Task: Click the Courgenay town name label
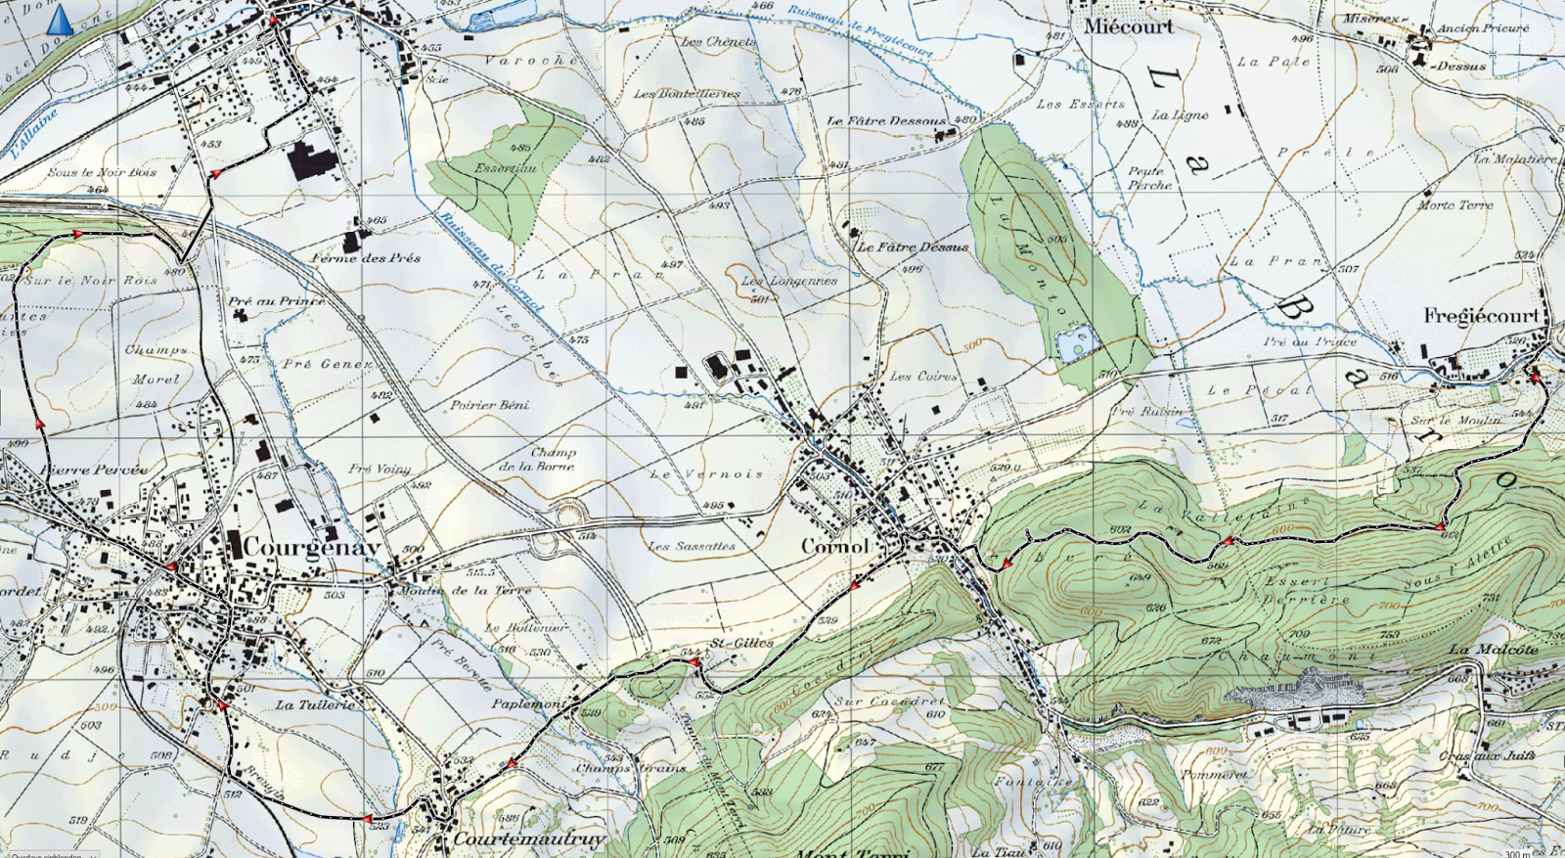(x=311, y=547)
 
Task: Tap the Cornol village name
(x=834, y=546)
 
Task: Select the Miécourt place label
(x=1128, y=26)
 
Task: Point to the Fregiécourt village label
(x=1481, y=315)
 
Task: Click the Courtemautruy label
(x=529, y=839)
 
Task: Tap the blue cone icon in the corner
(x=60, y=19)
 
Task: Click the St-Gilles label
(x=741, y=643)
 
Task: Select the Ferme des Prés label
(x=366, y=258)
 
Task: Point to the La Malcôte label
(x=1493, y=650)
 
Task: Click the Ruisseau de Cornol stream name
(x=490, y=261)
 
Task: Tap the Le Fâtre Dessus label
(x=913, y=248)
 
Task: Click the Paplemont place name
(x=528, y=703)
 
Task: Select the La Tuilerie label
(x=315, y=704)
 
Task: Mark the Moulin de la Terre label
(x=466, y=590)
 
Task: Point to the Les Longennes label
(x=788, y=281)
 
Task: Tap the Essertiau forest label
(x=505, y=167)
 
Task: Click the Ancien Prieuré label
(x=1482, y=28)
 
